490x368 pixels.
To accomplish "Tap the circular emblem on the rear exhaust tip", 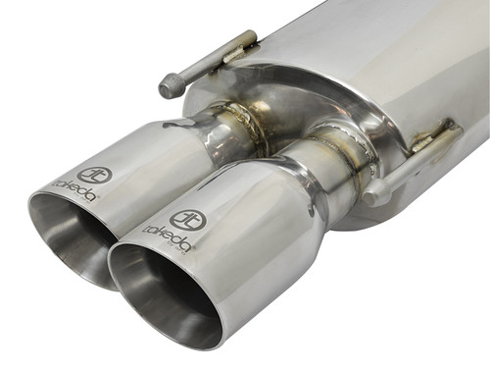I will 96,176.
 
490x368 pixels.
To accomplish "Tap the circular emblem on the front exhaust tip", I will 187,219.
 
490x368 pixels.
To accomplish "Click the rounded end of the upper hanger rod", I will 170,86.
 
